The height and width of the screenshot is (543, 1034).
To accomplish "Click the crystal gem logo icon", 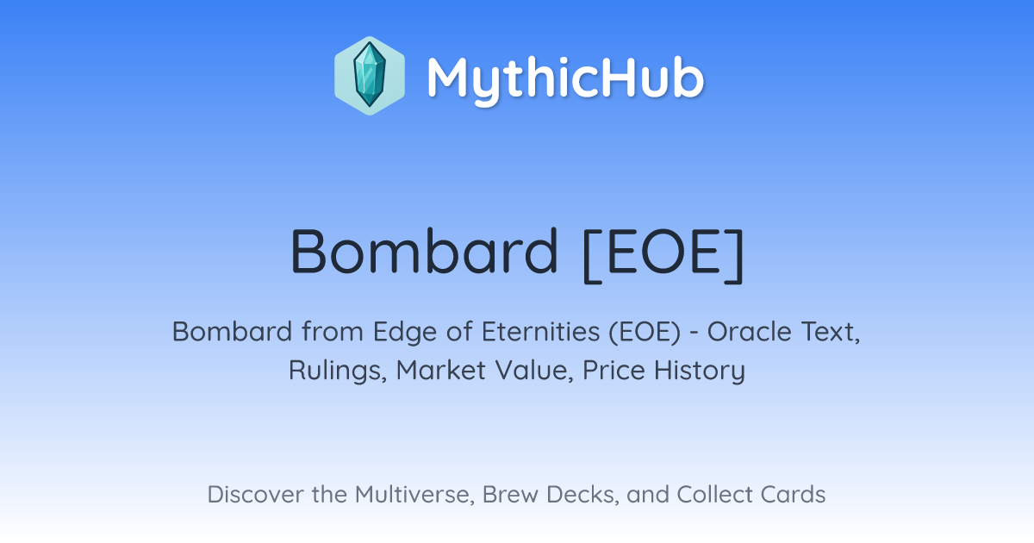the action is point(370,76).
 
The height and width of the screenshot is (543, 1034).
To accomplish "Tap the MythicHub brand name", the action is point(565,78).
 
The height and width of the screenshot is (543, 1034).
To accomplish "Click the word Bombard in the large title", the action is point(424,252).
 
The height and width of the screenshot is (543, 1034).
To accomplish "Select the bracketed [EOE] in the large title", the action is point(663,254).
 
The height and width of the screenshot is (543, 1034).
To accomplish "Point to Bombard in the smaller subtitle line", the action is point(232,331).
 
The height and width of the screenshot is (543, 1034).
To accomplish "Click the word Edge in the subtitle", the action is point(404,333).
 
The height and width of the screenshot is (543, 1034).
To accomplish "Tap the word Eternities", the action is point(540,331).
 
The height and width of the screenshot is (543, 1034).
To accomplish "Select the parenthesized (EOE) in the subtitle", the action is point(645,333).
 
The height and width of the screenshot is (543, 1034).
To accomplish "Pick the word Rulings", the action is point(338,371).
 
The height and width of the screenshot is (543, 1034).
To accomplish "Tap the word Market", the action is point(441,370).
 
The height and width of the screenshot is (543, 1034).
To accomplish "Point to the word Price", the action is point(614,370).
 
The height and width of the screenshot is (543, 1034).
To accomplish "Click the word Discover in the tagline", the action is point(256,494).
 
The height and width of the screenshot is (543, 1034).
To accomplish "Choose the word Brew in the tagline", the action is point(510,494).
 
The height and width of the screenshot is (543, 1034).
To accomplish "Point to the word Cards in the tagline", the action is point(793,494).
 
